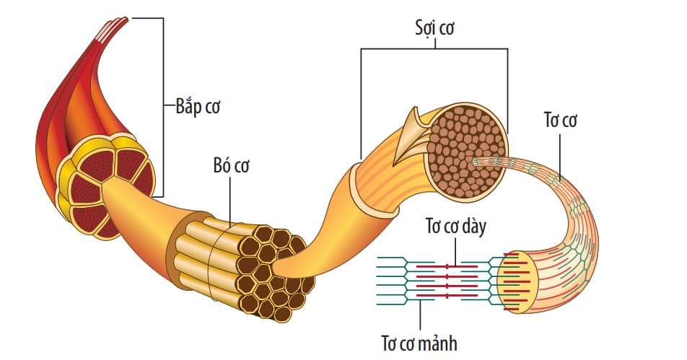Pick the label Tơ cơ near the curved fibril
click(559, 120)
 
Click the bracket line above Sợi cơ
click(433, 48)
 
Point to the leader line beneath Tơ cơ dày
click(455, 253)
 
